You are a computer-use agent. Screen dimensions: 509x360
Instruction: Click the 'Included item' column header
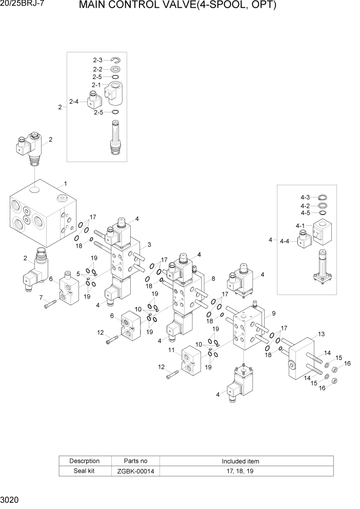pyautogui.click(x=240, y=461)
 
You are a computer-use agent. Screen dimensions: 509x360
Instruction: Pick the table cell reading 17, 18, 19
pyautogui.click(x=240, y=471)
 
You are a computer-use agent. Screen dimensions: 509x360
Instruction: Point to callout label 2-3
pyautogui.click(x=97, y=61)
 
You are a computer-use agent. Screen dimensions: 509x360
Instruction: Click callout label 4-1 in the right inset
pyautogui.click(x=300, y=226)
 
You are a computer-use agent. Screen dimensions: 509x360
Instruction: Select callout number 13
pyautogui.click(x=322, y=334)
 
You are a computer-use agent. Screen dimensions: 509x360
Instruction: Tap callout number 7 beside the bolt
pyautogui.click(x=41, y=297)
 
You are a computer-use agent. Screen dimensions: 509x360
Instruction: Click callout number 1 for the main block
pyautogui.click(x=65, y=183)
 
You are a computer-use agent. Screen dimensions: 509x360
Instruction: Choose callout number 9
pyautogui.click(x=273, y=313)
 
